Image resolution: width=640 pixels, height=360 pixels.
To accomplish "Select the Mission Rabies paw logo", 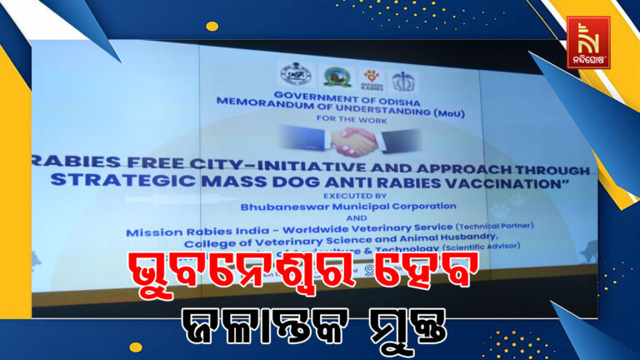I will pyautogui.click(x=371, y=78).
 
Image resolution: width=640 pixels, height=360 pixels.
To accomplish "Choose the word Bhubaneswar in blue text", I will pyautogui.click(x=283, y=205).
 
